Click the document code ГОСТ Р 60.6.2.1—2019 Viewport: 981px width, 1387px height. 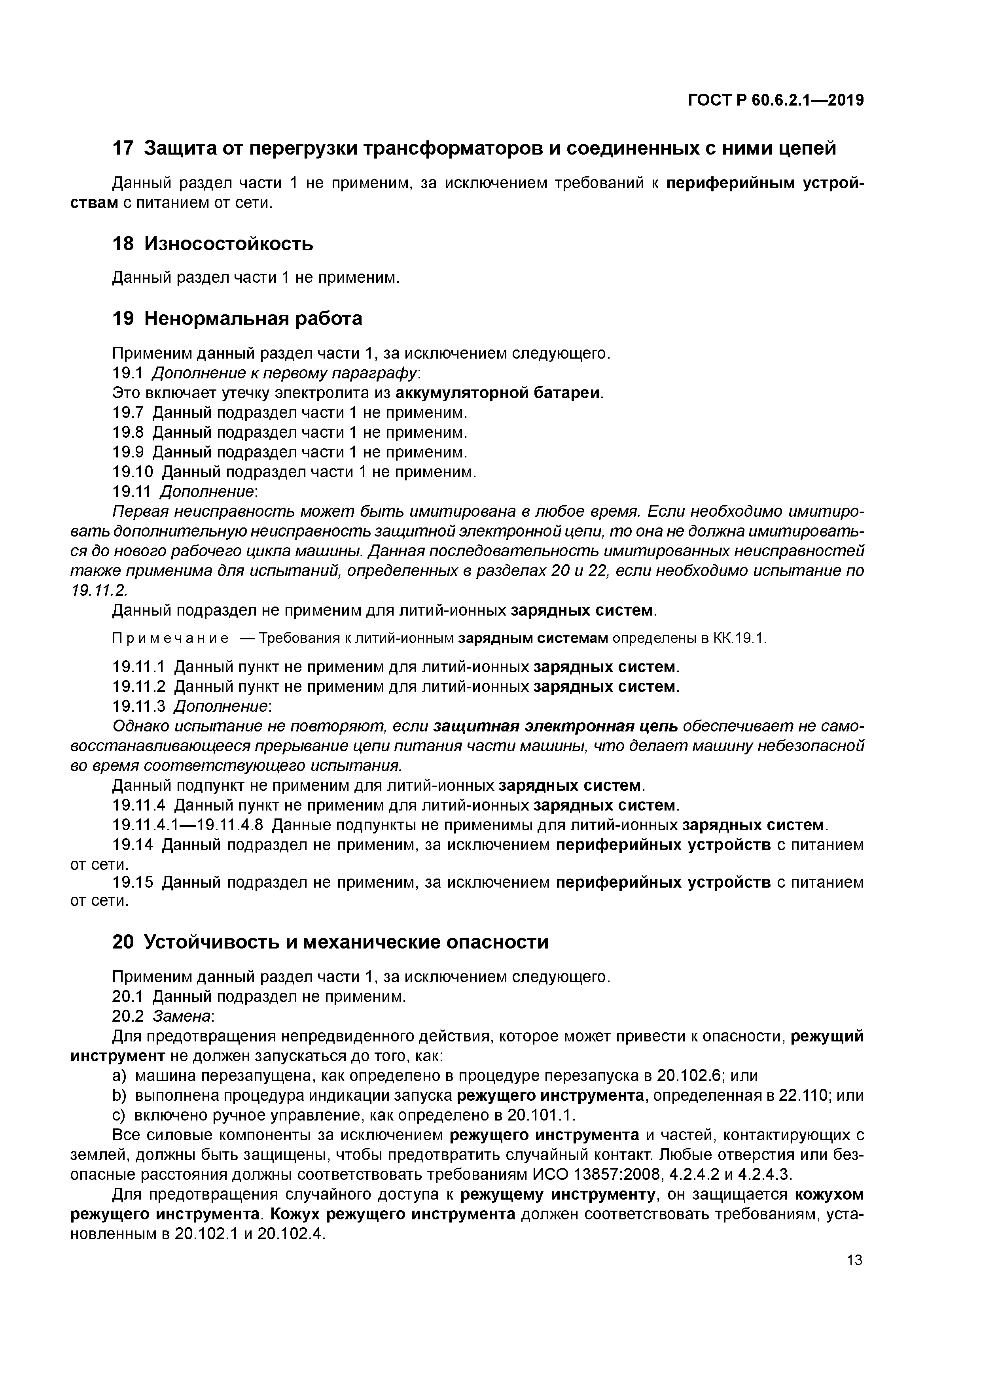click(775, 101)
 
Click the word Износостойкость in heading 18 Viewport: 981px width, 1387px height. click(229, 244)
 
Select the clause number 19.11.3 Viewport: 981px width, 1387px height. click(138, 706)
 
